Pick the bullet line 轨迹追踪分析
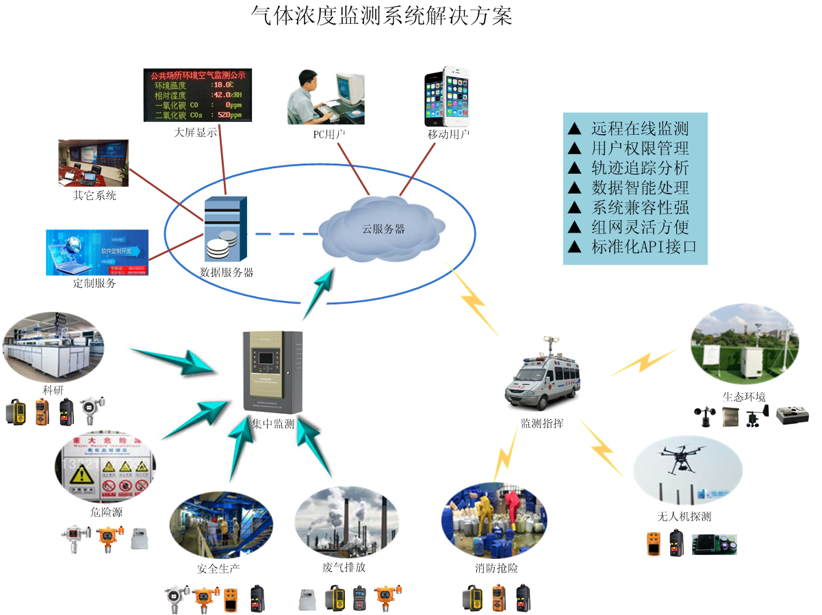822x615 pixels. click(639, 168)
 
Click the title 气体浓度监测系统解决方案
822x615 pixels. click(382, 15)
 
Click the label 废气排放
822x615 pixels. click(344, 568)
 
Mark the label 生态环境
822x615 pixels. click(744, 397)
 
